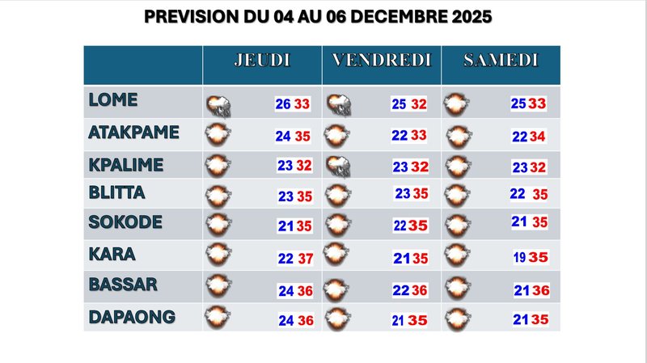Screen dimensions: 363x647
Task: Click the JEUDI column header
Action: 262,61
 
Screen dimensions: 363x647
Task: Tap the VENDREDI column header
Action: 382,61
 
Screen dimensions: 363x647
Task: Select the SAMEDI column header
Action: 501,61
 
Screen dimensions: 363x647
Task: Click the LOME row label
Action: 113,101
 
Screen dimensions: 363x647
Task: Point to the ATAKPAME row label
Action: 133,133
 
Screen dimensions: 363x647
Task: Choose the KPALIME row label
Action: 126,165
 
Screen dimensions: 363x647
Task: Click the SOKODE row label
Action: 125,222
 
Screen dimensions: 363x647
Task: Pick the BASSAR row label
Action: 123,285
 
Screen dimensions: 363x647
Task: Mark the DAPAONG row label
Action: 130,317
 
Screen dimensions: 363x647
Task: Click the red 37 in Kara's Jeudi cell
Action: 304,258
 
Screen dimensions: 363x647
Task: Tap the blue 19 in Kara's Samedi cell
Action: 519,258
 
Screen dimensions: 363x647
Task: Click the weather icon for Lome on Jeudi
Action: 217,104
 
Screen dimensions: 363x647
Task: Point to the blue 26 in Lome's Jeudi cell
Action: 283,104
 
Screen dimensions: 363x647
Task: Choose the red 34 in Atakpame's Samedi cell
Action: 538,136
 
